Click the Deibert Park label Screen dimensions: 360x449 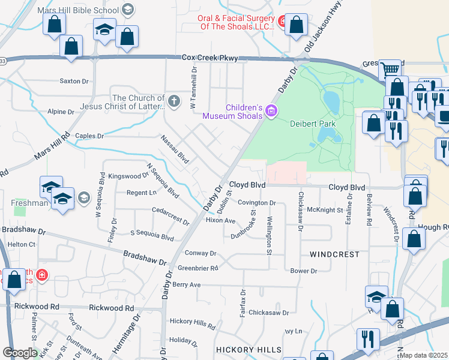(x=312, y=124)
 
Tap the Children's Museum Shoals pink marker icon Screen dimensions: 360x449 (x=271, y=110)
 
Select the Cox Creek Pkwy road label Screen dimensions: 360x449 (x=210, y=58)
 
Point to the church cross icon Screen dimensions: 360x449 (x=174, y=100)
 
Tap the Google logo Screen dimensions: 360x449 (x=20, y=353)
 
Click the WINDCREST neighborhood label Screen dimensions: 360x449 (x=334, y=254)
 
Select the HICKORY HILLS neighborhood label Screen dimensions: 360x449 (x=248, y=349)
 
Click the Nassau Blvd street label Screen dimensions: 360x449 (x=175, y=149)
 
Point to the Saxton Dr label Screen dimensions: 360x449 (x=74, y=81)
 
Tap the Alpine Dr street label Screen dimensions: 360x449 (x=61, y=112)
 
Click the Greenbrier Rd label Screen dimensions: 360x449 (x=197, y=268)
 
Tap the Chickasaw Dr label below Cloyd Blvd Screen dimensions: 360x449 (x=301, y=211)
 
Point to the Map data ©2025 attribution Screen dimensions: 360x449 (x=424, y=355)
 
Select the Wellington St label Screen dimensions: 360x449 (x=270, y=234)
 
